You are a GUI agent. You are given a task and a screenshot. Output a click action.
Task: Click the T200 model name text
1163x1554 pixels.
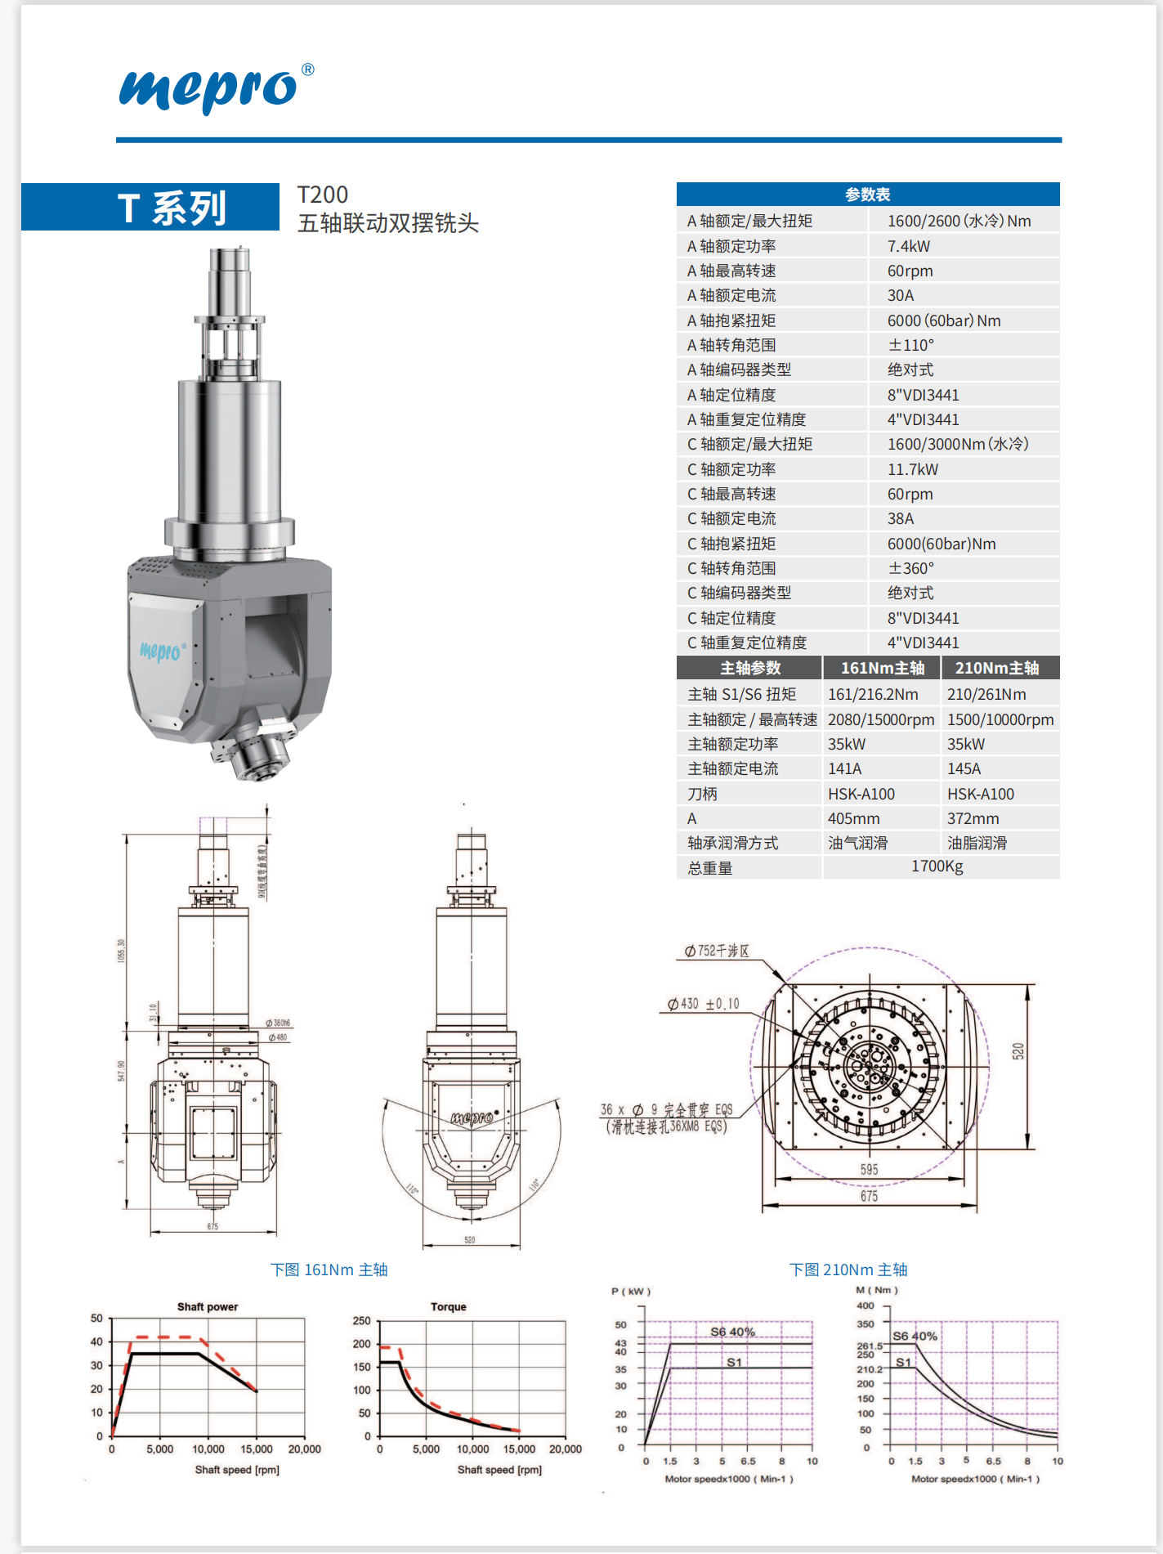pyautogui.click(x=322, y=195)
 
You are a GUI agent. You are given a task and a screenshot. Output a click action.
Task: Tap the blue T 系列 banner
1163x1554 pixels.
pyautogui.click(x=171, y=208)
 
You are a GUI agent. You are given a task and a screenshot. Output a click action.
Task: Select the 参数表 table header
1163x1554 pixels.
pyautogui.click(x=867, y=195)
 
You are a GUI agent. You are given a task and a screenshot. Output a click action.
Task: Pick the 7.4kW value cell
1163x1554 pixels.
pyautogui.click(x=908, y=246)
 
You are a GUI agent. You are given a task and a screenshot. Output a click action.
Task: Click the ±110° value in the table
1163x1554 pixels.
pyautogui.click(x=910, y=345)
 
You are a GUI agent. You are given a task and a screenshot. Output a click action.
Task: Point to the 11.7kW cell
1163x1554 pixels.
pyautogui.click(x=912, y=469)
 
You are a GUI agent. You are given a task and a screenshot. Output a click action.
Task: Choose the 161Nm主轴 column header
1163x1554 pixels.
pyautogui.click(x=882, y=668)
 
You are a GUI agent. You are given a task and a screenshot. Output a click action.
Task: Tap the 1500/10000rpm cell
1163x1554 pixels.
pyautogui.click(x=1000, y=719)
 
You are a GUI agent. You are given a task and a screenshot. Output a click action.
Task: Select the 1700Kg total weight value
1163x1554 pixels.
pyautogui.click(x=937, y=867)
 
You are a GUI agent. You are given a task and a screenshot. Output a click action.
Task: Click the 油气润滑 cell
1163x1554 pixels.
pyautogui.click(x=857, y=843)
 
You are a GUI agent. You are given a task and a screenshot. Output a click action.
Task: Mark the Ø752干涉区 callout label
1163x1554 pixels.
pyautogui.click(x=717, y=951)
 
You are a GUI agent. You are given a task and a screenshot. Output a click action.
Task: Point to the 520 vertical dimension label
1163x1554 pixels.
pyautogui.click(x=1018, y=1051)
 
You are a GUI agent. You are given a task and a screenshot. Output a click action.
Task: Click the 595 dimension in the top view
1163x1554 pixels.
pyautogui.click(x=869, y=1170)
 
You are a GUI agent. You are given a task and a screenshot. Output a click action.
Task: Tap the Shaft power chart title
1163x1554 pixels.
pyautogui.click(x=208, y=1306)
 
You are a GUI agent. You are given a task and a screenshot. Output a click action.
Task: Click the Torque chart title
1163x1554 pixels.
pyautogui.click(x=448, y=1306)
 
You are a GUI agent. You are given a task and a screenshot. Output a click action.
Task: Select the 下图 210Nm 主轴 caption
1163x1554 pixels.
pyautogui.click(x=848, y=1270)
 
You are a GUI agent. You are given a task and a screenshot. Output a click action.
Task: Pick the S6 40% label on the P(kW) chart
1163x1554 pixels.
pyautogui.click(x=732, y=1332)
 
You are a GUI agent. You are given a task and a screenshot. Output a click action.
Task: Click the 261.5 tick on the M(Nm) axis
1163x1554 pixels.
pyautogui.click(x=869, y=1346)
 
